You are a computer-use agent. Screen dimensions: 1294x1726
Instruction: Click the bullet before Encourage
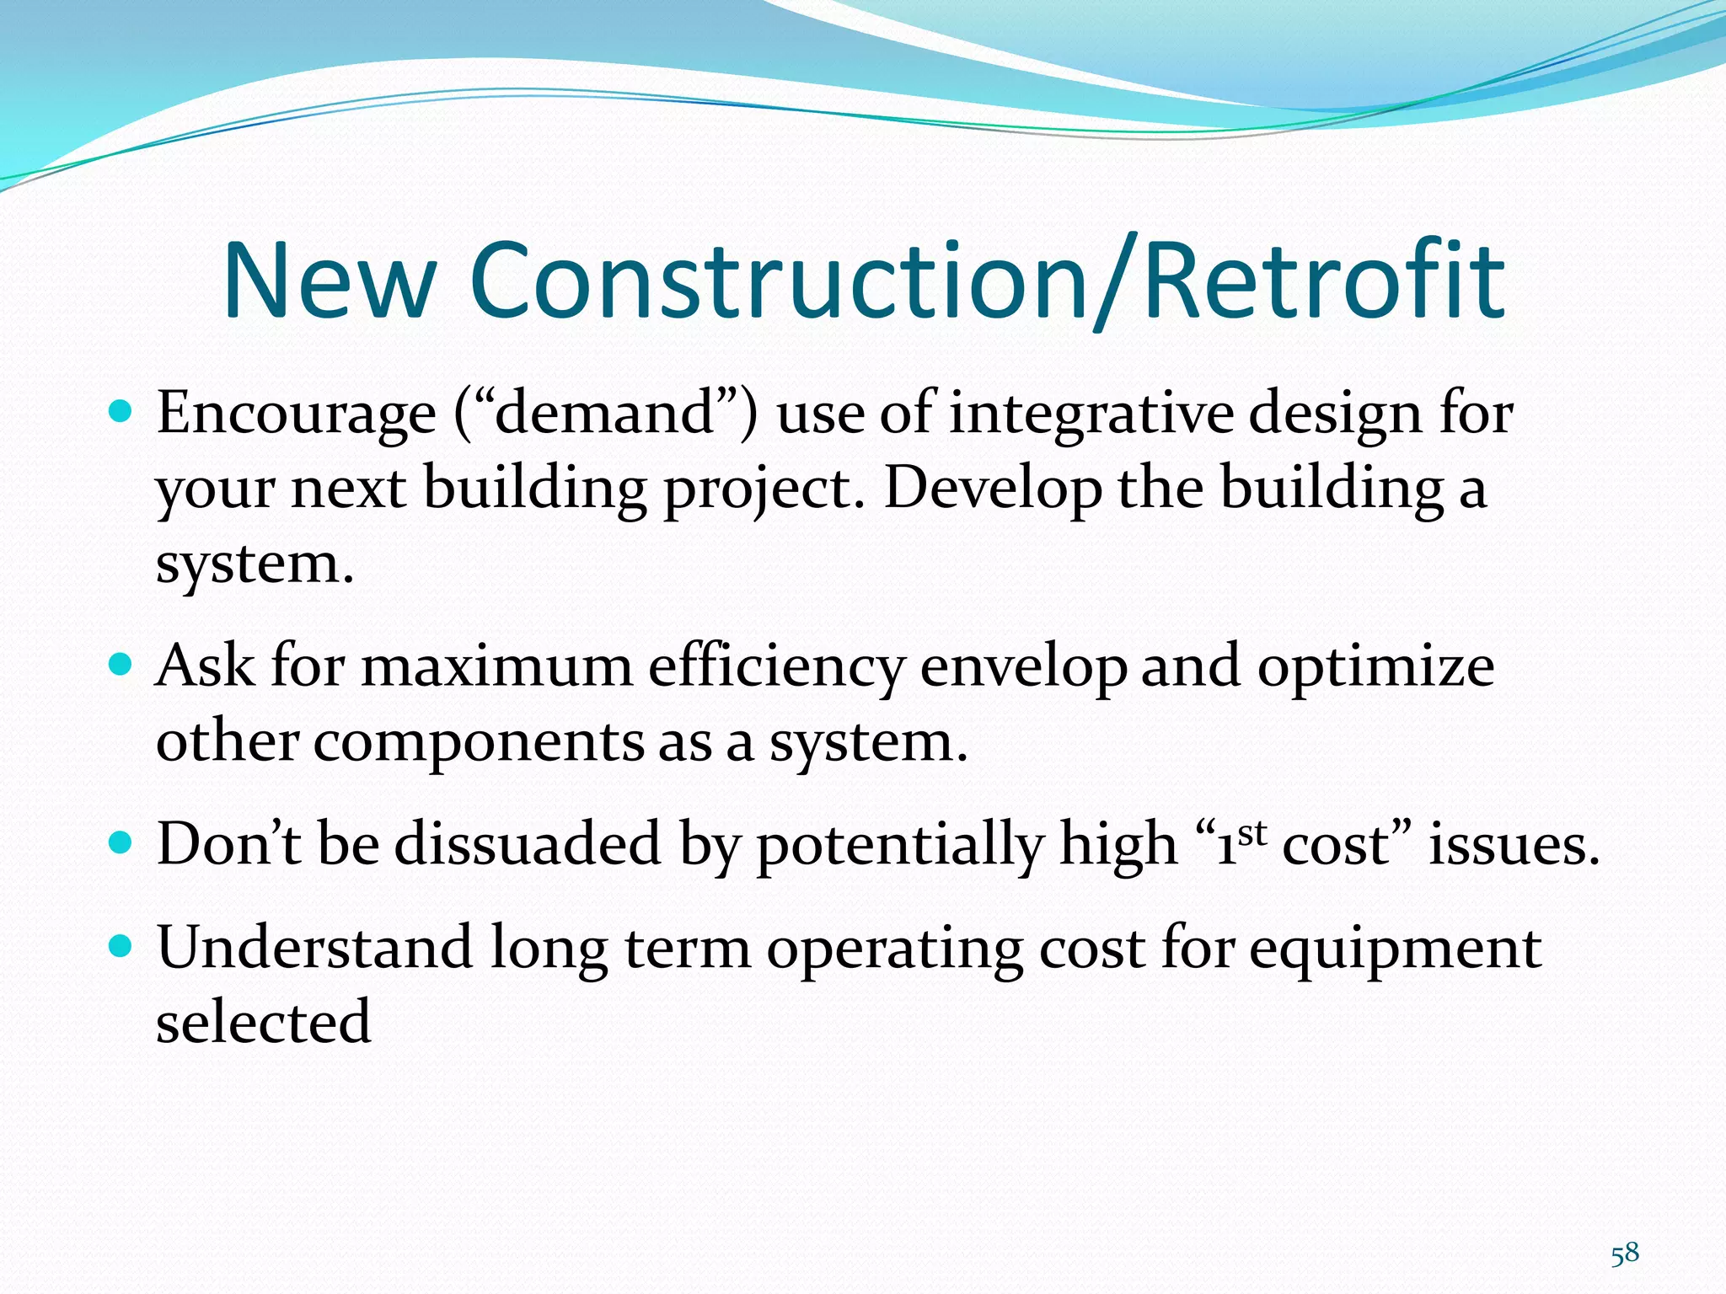pyautogui.click(x=121, y=412)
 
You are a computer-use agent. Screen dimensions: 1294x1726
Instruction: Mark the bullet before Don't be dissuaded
pyautogui.click(x=121, y=842)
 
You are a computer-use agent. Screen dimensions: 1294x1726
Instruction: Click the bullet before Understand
pyautogui.click(x=121, y=946)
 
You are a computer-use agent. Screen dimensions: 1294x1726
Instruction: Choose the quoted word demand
pyautogui.click(x=605, y=414)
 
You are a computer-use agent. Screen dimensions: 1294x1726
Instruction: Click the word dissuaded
pyautogui.click(x=528, y=844)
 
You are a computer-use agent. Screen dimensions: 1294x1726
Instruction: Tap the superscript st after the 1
pyautogui.click(x=1253, y=832)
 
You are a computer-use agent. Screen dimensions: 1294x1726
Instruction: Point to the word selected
pyautogui.click(x=263, y=1022)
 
